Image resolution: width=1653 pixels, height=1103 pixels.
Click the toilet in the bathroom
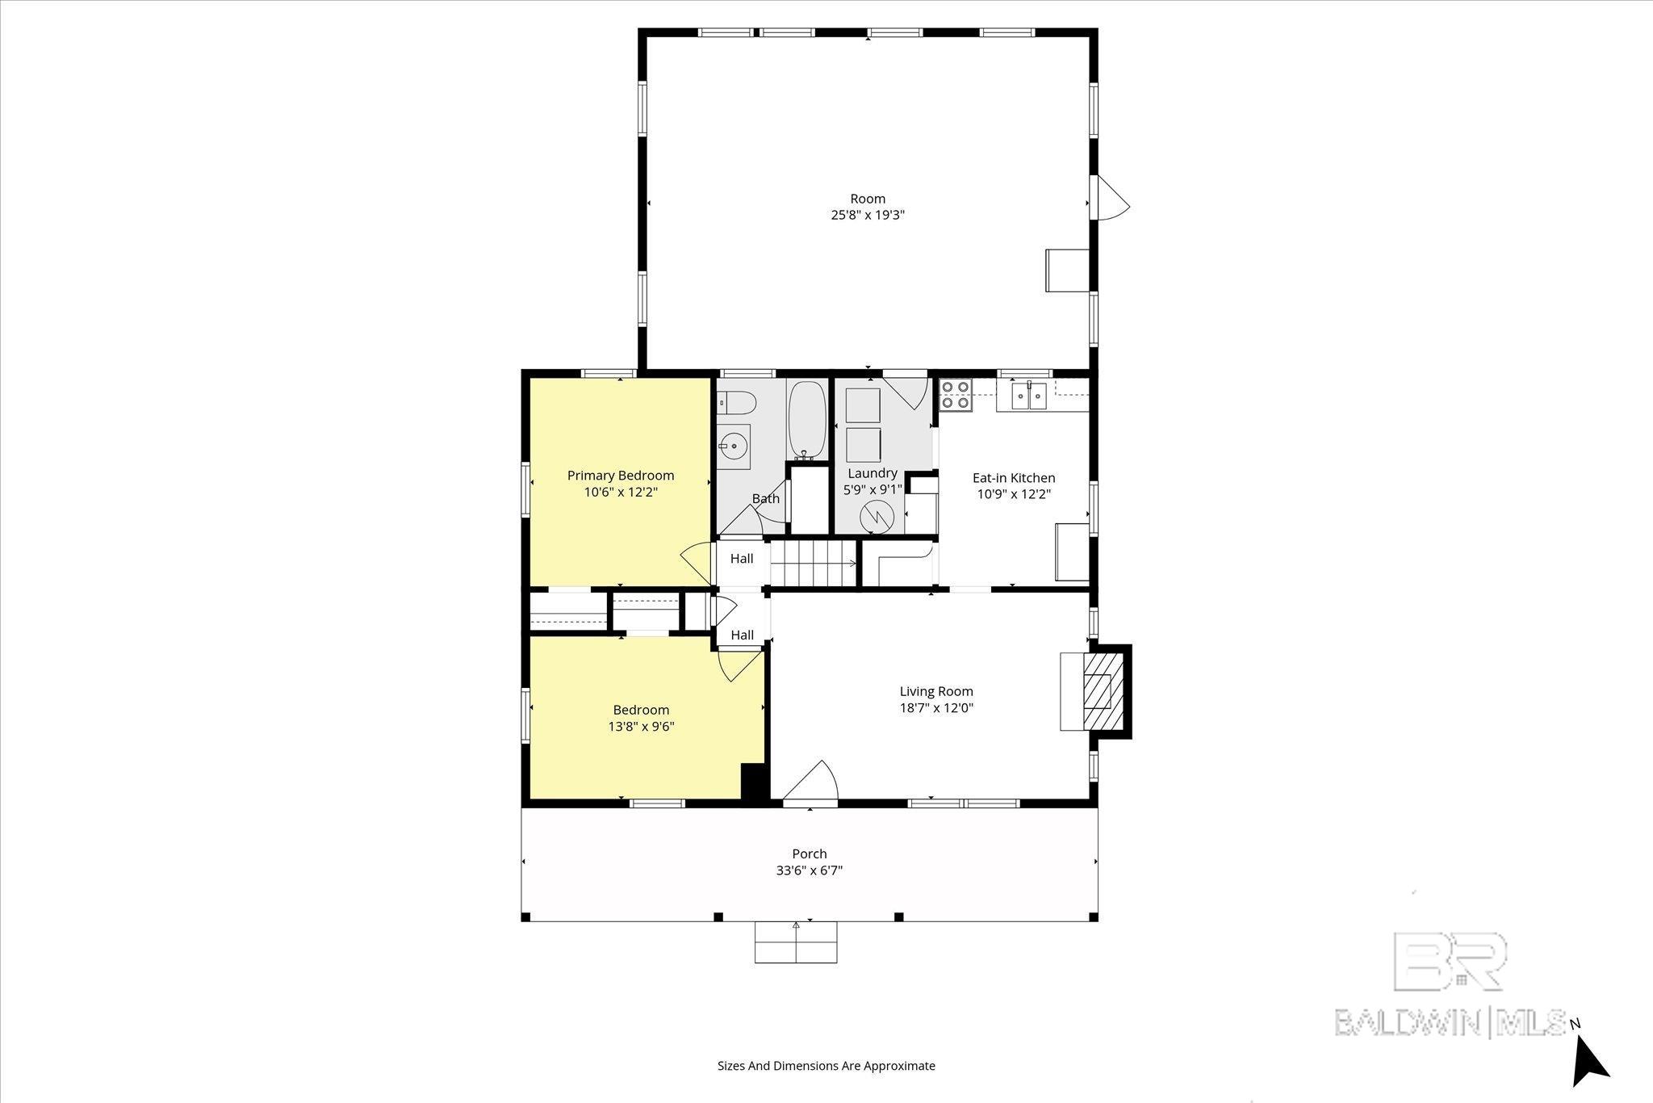pyautogui.click(x=735, y=401)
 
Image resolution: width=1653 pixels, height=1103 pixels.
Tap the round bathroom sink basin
pyautogui.click(x=734, y=445)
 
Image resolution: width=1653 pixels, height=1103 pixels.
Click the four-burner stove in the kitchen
pyautogui.click(x=956, y=395)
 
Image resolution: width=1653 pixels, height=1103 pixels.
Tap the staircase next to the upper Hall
pyautogui.click(x=813, y=562)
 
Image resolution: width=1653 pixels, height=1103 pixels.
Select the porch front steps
pyautogui.click(x=796, y=942)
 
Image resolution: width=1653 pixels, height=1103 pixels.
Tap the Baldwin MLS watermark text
pyautogui.click(x=1450, y=1022)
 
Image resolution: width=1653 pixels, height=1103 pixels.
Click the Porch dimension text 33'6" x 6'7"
pyautogui.click(x=810, y=870)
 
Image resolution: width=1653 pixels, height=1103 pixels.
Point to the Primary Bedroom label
pyautogui.click(x=621, y=476)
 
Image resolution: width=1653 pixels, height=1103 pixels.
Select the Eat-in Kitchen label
pyautogui.click(x=1014, y=478)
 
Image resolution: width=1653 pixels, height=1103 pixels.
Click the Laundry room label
pyautogui.click(x=873, y=473)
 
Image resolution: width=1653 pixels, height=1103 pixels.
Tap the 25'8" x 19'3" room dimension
pyautogui.click(x=868, y=216)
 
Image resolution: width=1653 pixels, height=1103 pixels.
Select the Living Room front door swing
pyautogui.click(x=812, y=781)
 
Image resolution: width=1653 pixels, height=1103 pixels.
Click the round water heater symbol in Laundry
pyautogui.click(x=877, y=517)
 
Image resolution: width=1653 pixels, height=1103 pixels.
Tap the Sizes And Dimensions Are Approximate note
pyautogui.click(x=826, y=1065)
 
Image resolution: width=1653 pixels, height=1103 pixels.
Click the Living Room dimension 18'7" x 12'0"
pyautogui.click(x=936, y=708)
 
